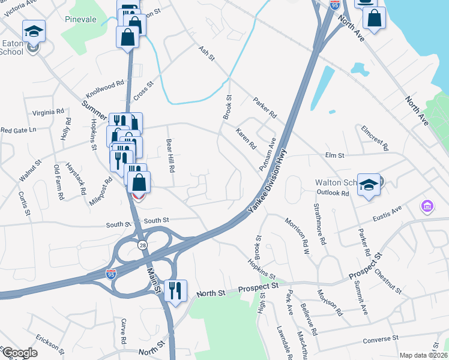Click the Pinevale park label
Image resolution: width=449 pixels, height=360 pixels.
80,19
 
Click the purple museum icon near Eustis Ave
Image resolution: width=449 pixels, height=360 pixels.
427,207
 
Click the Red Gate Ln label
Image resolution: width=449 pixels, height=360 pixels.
18,130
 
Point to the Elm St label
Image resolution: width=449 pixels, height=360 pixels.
334,155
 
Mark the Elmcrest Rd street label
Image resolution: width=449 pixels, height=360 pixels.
375,137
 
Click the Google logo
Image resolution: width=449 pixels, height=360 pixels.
20,353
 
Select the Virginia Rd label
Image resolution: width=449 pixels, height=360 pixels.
48,112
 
